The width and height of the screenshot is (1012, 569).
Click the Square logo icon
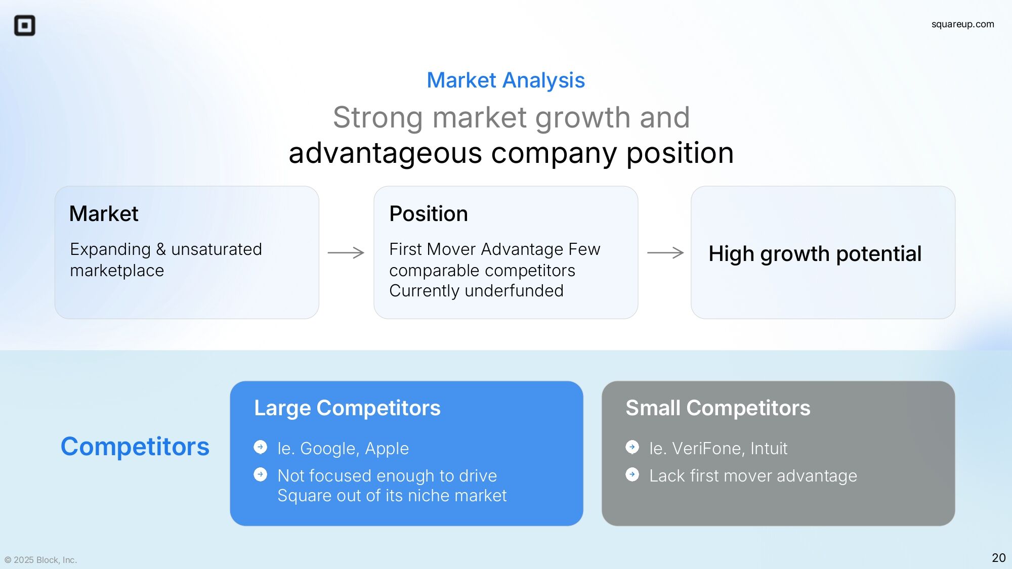point(24,25)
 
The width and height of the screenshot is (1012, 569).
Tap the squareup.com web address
point(962,24)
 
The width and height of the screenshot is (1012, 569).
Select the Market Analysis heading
point(505,80)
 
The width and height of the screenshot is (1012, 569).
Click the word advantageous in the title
point(385,153)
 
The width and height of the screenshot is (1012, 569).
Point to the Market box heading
point(104,213)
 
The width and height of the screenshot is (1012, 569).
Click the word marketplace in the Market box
point(117,271)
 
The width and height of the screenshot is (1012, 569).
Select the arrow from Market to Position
point(346,252)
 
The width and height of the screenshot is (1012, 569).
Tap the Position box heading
point(429,213)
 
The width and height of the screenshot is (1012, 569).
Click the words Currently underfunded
point(476,291)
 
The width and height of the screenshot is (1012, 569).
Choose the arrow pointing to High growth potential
point(665,252)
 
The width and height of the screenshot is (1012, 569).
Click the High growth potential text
point(815,253)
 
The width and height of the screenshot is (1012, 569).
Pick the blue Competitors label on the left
point(135,446)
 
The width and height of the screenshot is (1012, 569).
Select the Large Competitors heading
point(347,408)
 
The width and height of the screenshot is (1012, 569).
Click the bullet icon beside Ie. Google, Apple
point(261,447)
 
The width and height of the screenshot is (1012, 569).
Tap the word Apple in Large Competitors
point(387,449)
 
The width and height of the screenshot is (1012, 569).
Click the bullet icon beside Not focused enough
point(261,474)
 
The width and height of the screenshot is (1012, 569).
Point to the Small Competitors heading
point(718,408)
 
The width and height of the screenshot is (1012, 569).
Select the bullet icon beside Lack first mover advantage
point(632,474)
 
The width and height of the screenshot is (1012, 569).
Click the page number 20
point(998,557)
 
